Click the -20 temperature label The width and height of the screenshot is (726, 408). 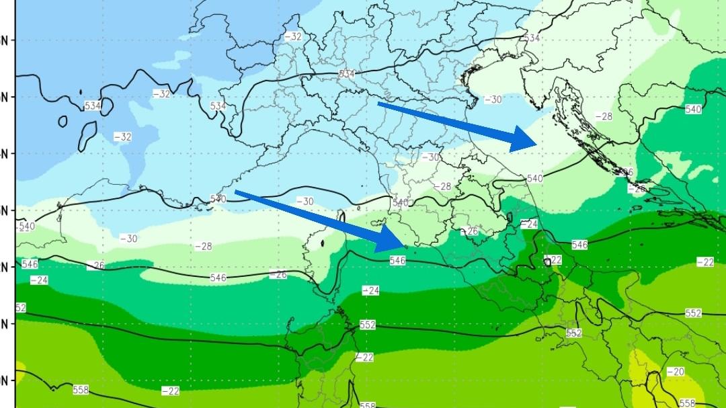tap(676, 372)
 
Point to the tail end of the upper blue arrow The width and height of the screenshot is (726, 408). tap(379, 104)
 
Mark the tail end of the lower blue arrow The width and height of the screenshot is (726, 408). tap(236, 193)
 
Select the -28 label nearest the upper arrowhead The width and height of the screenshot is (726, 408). tap(604, 116)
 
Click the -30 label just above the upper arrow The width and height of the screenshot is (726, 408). tap(493, 99)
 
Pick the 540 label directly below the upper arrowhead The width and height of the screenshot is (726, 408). tap(534, 178)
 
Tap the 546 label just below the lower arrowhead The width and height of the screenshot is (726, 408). tap(397, 260)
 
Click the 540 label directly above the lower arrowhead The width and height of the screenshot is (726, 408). tap(400, 202)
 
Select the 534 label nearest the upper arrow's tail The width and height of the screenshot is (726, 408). tap(347, 73)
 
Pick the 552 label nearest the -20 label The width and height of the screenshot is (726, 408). tap(693, 313)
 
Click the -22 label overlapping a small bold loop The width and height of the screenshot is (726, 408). tap(554, 260)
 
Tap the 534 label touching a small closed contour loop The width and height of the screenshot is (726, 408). tap(92, 106)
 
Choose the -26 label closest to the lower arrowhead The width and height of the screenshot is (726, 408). tap(471, 231)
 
